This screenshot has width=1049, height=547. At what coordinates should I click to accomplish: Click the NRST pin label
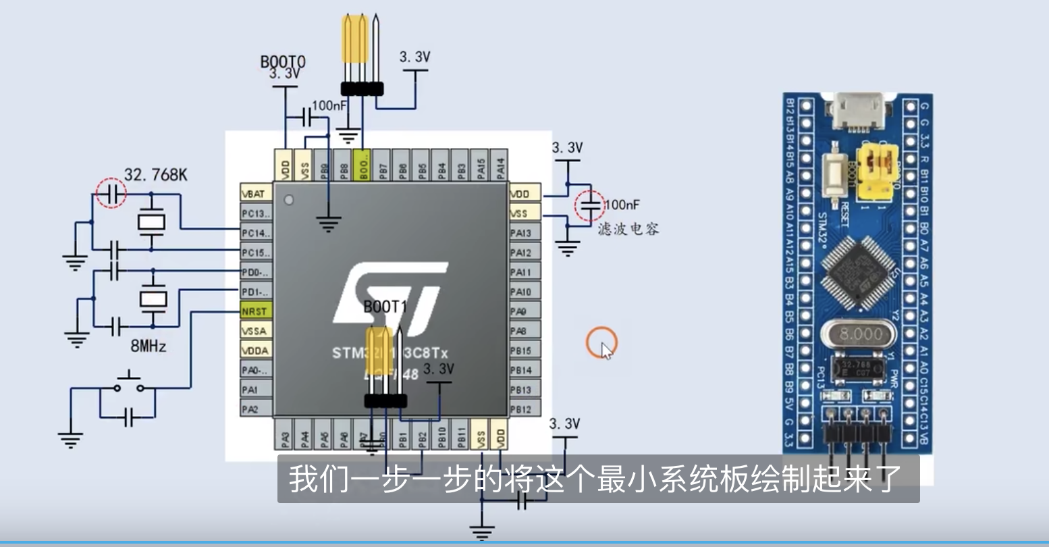click(254, 311)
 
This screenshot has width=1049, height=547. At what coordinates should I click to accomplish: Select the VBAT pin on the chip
click(254, 194)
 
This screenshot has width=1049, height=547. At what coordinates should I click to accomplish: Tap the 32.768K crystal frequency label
click(156, 175)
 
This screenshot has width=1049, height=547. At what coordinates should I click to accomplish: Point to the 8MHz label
click(148, 346)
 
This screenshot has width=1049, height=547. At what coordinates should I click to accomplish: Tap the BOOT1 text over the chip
click(385, 307)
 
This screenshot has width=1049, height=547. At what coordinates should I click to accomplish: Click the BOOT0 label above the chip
click(283, 62)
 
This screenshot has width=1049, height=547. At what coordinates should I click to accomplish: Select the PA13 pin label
click(521, 233)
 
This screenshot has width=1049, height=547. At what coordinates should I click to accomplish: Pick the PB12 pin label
click(521, 409)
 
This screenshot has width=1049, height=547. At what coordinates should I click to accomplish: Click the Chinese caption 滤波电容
click(628, 229)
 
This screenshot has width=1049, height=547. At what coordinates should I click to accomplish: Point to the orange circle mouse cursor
click(601, 343)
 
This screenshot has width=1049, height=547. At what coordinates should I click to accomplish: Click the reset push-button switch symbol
click(128, 384)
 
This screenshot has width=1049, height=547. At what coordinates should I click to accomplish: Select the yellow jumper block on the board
click(876, 171)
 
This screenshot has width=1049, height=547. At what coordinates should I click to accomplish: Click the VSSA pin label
click(254, 331)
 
